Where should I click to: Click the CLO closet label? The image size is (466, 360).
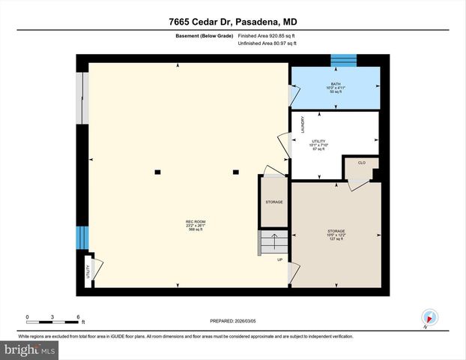coord(361,162)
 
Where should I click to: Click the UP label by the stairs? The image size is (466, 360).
coord(280,260)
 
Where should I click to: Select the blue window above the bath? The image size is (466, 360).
coord(344,60)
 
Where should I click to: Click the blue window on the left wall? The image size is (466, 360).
coord(82,239)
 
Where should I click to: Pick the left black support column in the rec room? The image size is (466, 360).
coord(157,172)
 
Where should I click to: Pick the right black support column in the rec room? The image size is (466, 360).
coord(235,172)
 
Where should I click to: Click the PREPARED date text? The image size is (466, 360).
coord(233,321)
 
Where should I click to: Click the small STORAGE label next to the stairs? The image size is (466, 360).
coord(273,202)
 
